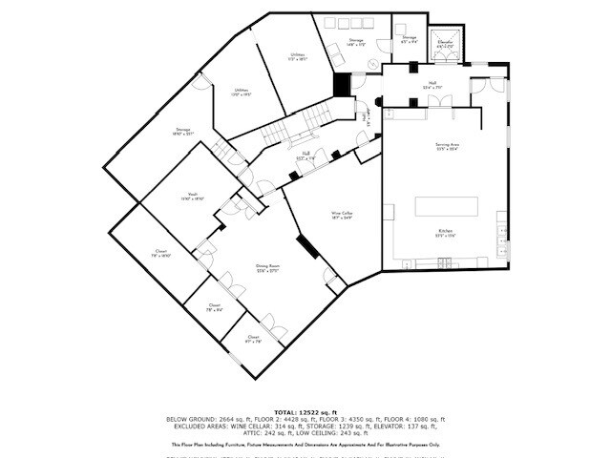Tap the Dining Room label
266,269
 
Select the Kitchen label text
445,232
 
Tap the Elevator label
445,43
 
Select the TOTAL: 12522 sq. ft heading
305,411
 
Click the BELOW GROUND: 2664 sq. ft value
203,419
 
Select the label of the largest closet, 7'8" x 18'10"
161,254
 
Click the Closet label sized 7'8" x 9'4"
215,307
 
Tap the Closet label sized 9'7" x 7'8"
253,339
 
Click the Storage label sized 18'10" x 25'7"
183,132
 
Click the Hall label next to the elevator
432,85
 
